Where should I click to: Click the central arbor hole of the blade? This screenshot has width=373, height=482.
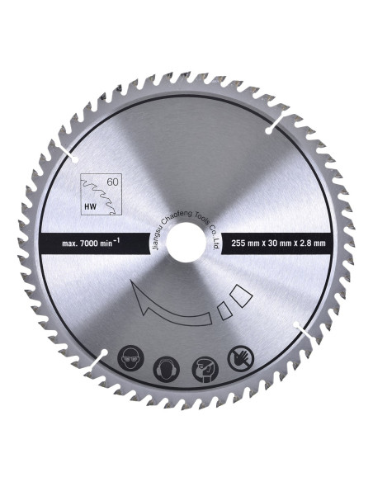186,243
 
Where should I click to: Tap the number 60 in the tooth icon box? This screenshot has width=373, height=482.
112,182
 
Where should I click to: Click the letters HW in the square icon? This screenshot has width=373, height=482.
90,206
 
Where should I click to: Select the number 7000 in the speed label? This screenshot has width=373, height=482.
89,243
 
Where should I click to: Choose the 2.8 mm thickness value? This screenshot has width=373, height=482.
311,243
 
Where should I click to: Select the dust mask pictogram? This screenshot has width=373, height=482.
205,369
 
